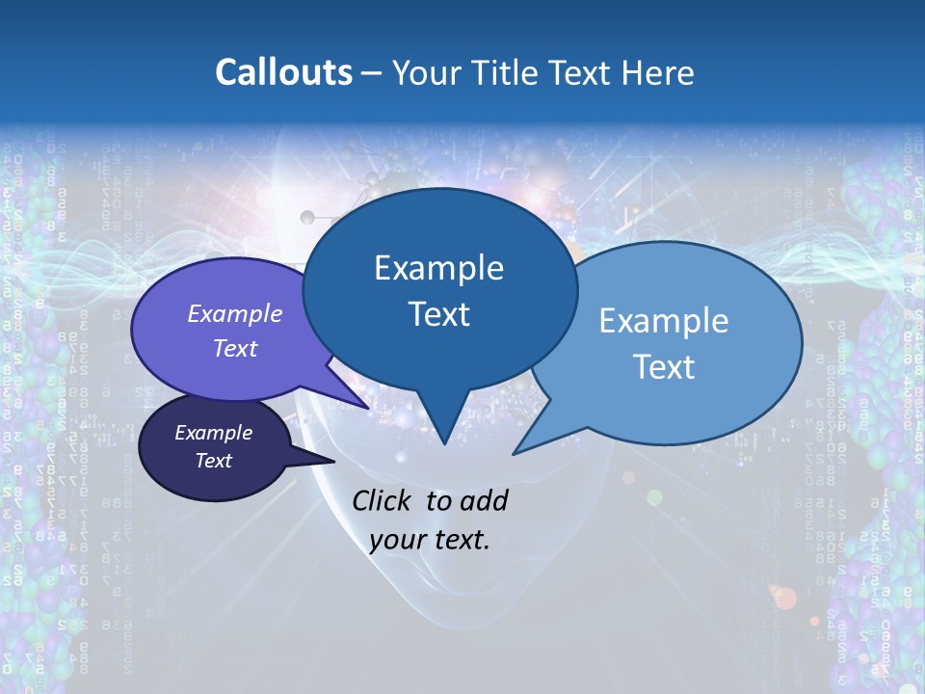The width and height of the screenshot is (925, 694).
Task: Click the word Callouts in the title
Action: click(x=283, y=72)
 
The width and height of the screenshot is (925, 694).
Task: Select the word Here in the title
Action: click(x=659, y=72)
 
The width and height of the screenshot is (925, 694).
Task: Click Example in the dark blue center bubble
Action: click(x=438, y=268)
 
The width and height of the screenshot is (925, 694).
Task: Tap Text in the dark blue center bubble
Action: click(x=438, y=314)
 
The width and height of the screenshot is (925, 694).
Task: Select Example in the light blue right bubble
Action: click(x=664, y=321)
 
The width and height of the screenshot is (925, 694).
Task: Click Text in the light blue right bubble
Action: click(x=664, y=367)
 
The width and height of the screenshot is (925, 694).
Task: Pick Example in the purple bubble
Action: click(x=235, y=313)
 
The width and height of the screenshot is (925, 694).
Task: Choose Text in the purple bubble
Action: click(x=235, y=348)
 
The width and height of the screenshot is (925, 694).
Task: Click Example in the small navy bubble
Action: click(x=213, y=433)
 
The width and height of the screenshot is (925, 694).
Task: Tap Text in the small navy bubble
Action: click(x=213, y=461)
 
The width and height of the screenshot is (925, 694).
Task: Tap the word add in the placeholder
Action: click(x=485, y=500)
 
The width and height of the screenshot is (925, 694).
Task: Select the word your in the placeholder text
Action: click(x=397, y=540)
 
